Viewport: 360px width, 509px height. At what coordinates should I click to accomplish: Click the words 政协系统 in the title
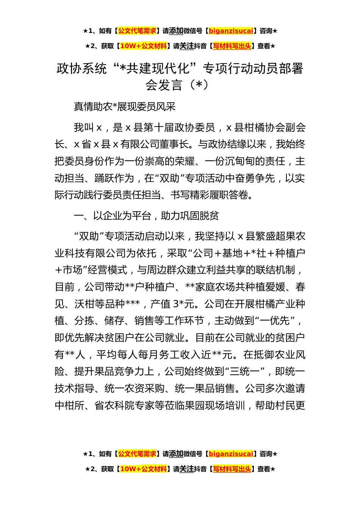tap(81, 69)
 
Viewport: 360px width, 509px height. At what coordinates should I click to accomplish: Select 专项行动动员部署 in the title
tap(253, 69)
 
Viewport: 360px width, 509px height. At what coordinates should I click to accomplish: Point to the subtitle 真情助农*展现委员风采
tap(125, 107)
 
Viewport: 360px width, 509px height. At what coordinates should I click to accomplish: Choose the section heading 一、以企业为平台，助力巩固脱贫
tap(146, 216)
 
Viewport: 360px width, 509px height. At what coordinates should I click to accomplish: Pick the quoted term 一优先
tap(275, 321)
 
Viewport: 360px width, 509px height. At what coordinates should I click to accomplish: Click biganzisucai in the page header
tap(231, 31)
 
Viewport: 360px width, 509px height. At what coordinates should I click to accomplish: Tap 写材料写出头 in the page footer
tap(232, 469)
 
